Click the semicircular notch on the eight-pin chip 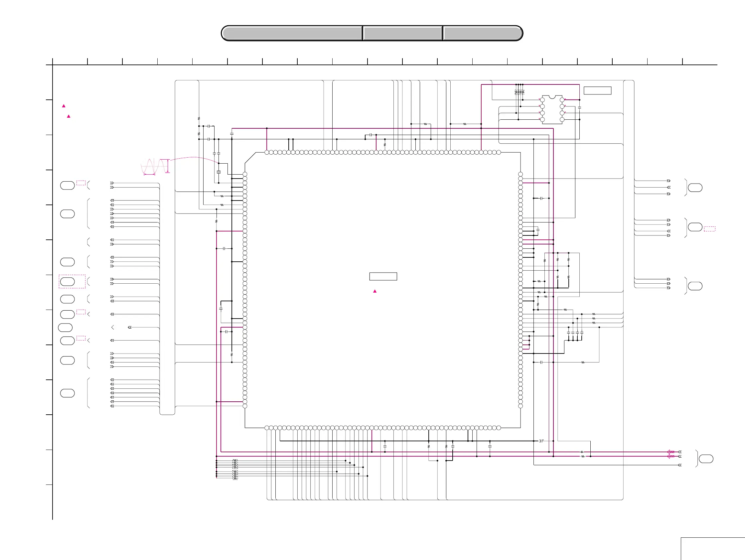pos(552,97)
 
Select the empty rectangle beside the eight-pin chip pos(597,90)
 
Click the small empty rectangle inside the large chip pos(383,276)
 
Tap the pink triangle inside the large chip pos(374,291)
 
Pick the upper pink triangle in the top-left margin pos(64,106)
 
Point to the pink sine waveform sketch pos(154,166)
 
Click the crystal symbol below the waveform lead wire pos(219,172)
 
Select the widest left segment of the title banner pos(292,33)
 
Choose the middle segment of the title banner pos(402,33)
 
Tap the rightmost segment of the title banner pos(483,33)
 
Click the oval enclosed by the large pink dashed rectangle pos(68,282)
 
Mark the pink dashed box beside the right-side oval pos(709,229)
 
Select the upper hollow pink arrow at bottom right pos(670,452)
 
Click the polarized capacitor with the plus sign pos(541,441)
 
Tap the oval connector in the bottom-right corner pos(706,459)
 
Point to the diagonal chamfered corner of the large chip pos(250,158)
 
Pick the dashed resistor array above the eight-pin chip pos(520,91)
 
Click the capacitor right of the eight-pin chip pos(579,108)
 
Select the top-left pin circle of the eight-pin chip pos(542,100)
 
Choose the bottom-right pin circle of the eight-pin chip pos(562,119)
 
